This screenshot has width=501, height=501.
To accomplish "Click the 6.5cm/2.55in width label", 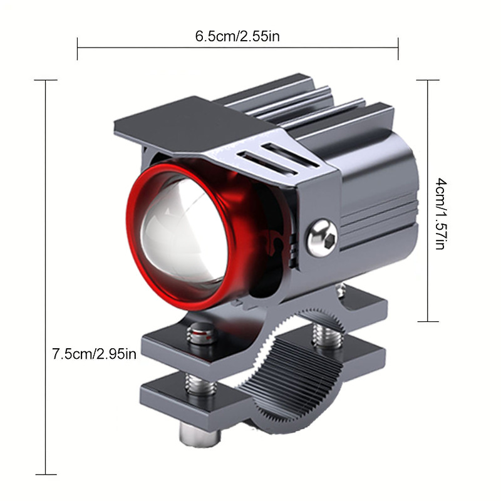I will coord(237,36).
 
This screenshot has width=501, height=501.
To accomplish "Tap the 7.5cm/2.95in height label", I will coord(95,354).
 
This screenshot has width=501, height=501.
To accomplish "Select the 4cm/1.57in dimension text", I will coord(439,213).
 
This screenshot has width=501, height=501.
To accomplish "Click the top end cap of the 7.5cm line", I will coord(46,80).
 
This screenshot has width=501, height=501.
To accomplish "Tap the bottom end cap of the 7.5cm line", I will coord(46,475).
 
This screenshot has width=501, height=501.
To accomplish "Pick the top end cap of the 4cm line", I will coord(428,80).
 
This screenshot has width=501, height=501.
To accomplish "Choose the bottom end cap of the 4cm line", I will coord(428,321).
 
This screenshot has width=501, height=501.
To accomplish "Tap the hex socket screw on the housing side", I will coord(322,236).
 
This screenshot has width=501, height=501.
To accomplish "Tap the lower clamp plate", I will coord(188,395).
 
